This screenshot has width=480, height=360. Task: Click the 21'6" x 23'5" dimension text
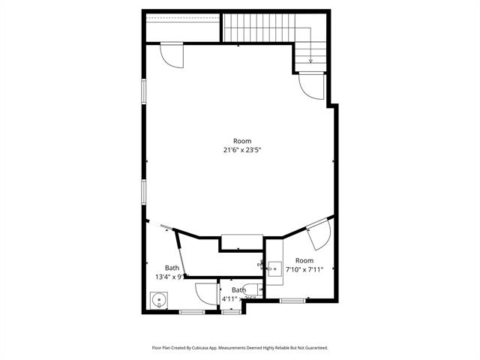click(241, 150)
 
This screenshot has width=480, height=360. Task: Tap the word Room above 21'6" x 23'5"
click(241, 141)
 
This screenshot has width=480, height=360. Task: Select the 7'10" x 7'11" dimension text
click(304, 270)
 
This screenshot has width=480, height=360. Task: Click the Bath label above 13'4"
click(172, 268)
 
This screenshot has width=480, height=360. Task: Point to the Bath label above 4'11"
click(238, 289)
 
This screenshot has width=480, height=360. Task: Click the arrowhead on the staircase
click(310, 61)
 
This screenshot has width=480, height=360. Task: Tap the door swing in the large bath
click(205, 293)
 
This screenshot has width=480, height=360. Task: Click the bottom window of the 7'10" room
click(292, 300)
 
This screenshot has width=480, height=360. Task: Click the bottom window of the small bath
click(232, 312)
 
